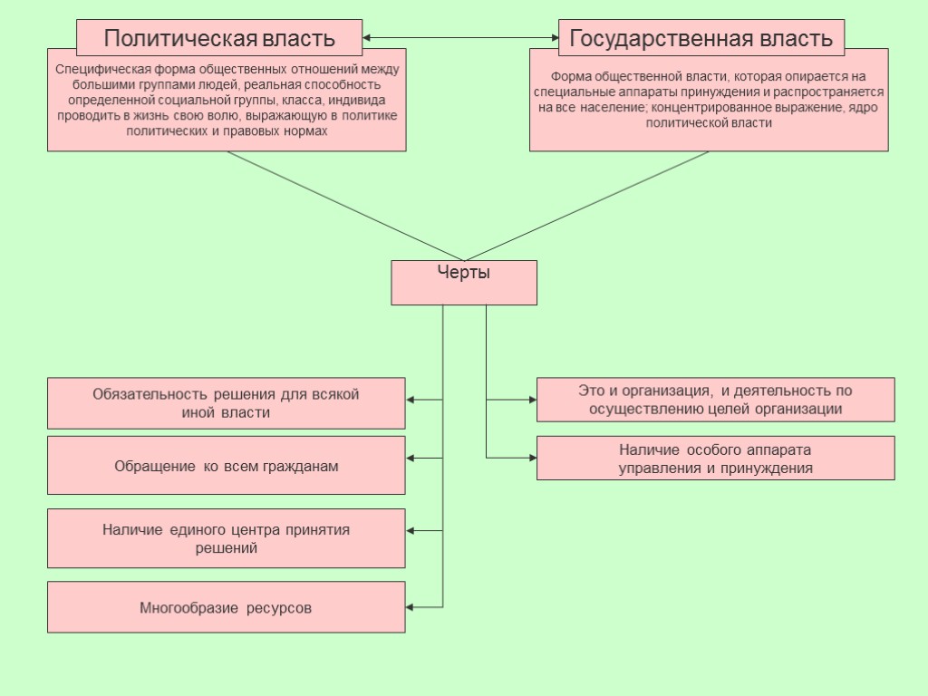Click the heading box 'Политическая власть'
[x=219, y=38]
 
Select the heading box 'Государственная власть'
[x=701, y=38]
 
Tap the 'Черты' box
[x=463, y=282]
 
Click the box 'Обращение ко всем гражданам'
[x=226, y=466]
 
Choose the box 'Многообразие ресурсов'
[x=226, y=607]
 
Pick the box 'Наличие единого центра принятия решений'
[x=226, y=538]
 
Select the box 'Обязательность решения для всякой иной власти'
[x=226, y=403]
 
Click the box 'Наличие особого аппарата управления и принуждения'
[x=715, y=459]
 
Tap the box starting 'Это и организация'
[x=715, y=400]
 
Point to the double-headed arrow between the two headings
[x=460, y=38]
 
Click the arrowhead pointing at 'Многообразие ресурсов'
[x=411, y=606]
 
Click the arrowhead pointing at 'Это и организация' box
[x=532, y=399]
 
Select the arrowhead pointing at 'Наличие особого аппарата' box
[x=532, y=458]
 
